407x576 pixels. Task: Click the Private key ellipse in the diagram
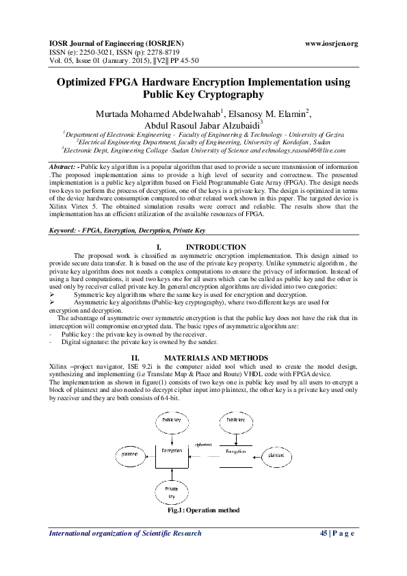click(172, 490)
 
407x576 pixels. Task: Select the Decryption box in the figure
click(171, 453)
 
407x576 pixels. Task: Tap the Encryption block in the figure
click(236, 453)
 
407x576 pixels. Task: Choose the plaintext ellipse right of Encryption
click(276, 454)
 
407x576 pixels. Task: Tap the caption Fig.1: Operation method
click(203, 511)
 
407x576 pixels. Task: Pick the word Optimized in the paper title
click(86, 83)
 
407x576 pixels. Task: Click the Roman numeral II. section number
click(135, 358)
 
